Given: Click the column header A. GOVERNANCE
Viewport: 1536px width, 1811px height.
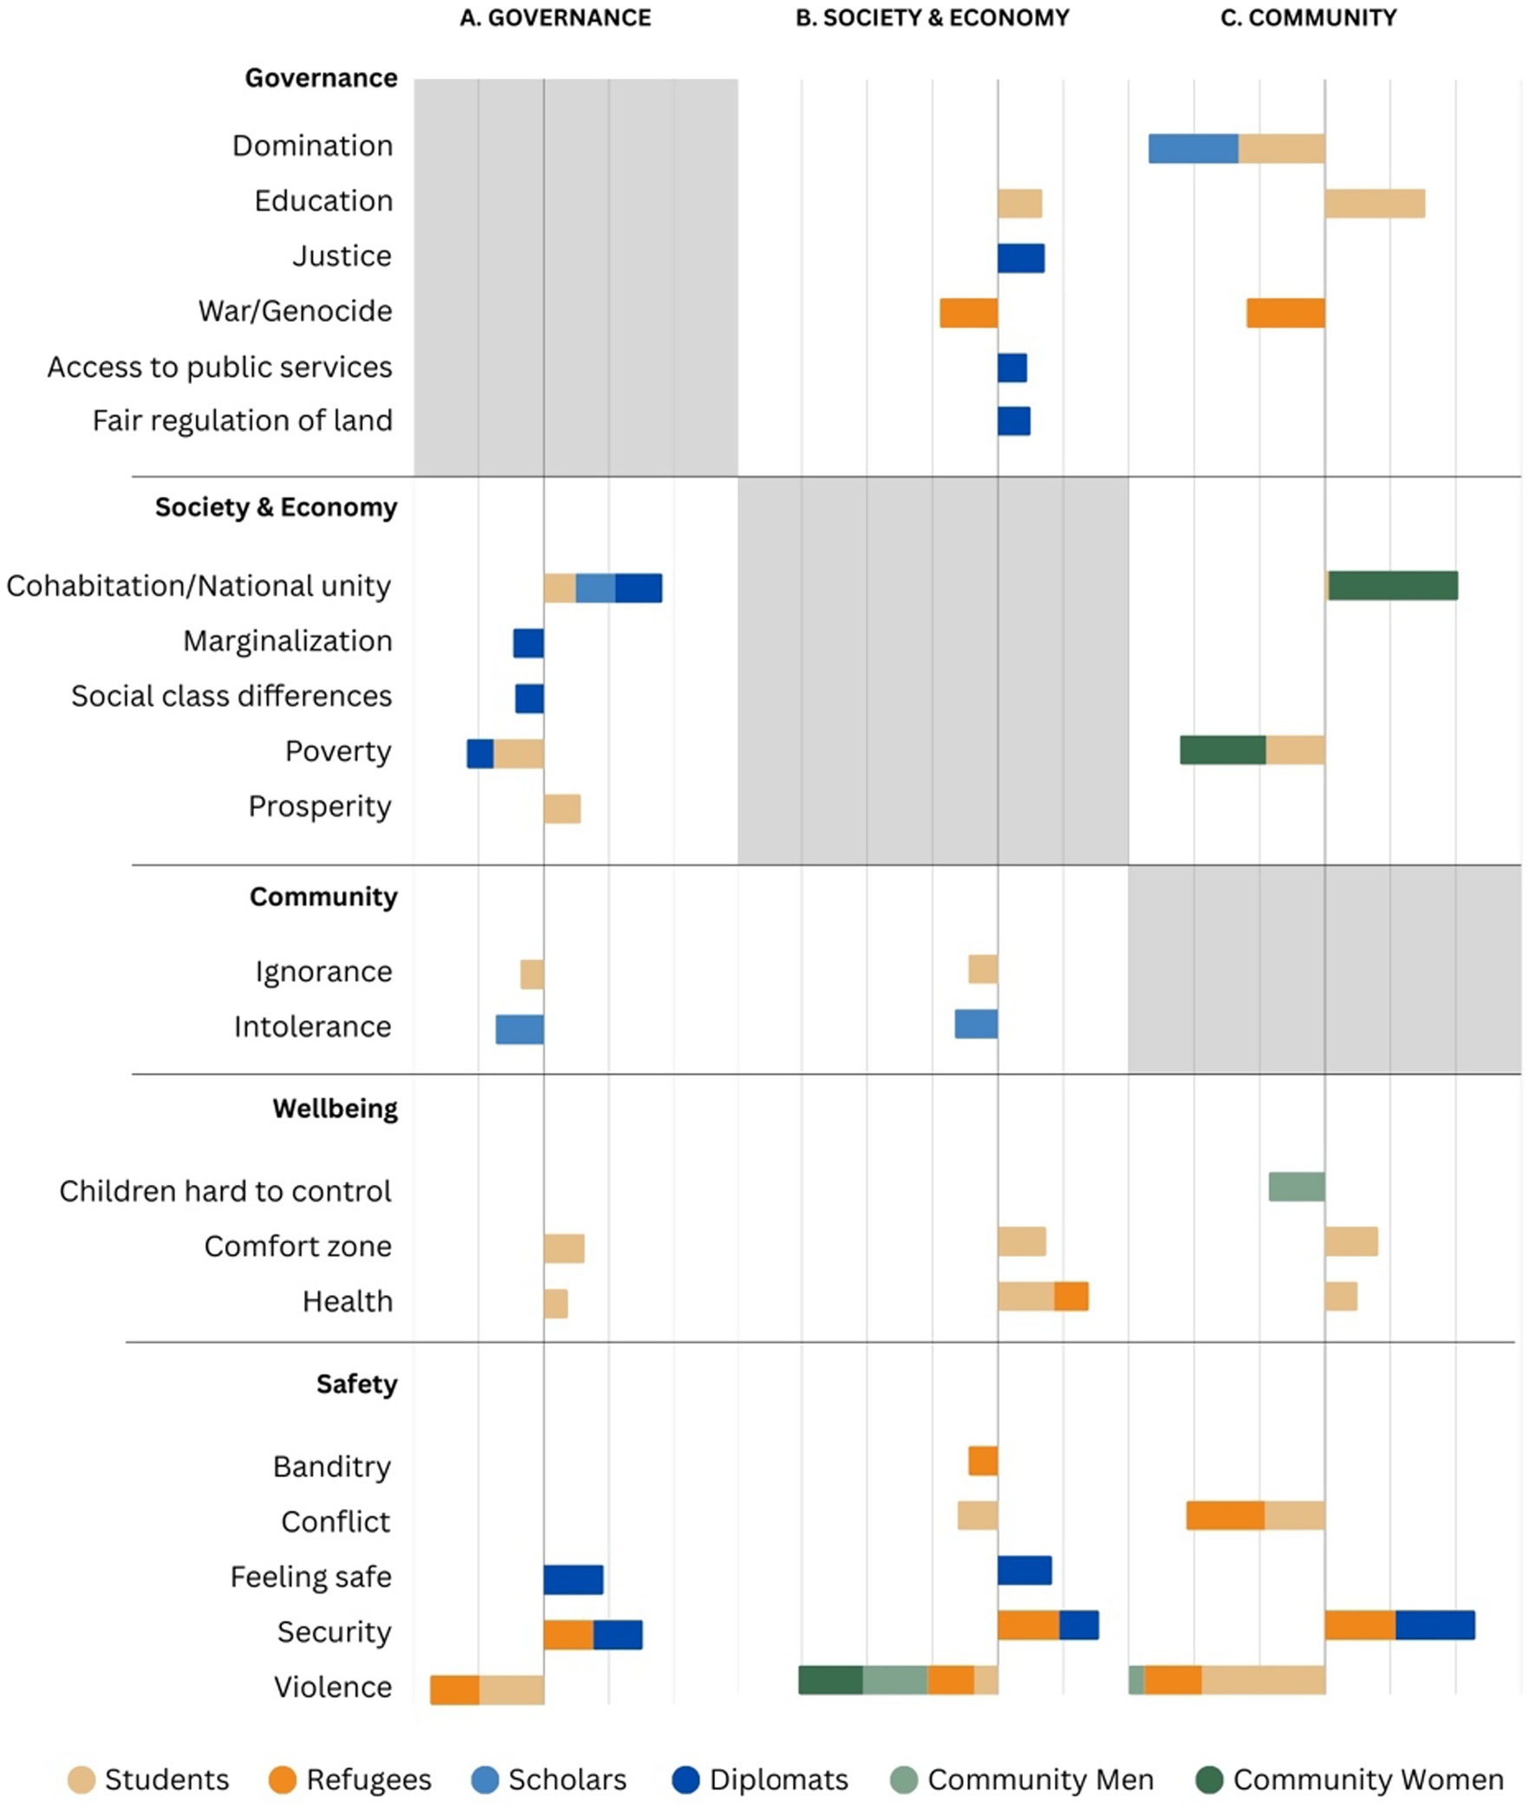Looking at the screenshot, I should [555, 18].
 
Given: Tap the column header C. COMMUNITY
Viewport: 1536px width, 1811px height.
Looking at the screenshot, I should [1308, 18].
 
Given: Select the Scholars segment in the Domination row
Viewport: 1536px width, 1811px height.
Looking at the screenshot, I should [1193, 149].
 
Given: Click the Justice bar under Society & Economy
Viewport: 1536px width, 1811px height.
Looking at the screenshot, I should [1020, 258].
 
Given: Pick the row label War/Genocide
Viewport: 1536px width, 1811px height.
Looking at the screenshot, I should [296, 311].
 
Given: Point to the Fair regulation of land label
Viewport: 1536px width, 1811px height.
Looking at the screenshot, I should [242, 420].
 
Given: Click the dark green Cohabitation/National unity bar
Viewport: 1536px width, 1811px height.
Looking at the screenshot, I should [1392, 586].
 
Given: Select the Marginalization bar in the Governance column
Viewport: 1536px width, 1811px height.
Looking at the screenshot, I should [529, 643].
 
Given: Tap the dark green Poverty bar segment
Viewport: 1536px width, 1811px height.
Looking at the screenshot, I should [1222, 751].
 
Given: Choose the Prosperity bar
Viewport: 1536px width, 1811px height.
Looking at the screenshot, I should [562, 809].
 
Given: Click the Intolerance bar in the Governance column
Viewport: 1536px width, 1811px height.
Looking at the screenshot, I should [519, 1029].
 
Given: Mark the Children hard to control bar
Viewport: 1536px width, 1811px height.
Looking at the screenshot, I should [1297, 1187].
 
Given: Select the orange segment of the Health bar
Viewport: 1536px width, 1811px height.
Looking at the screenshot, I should [1071, 1296].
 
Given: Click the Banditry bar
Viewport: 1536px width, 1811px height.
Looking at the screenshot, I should [983, 1461].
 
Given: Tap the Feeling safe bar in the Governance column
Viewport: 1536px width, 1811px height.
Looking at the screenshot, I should [573, 1580].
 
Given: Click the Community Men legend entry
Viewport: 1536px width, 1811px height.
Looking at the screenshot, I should [1023, 1780].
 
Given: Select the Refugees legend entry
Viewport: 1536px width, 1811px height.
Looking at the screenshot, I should [350, 1780].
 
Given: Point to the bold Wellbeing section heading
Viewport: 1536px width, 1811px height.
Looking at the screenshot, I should [335, 1109].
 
